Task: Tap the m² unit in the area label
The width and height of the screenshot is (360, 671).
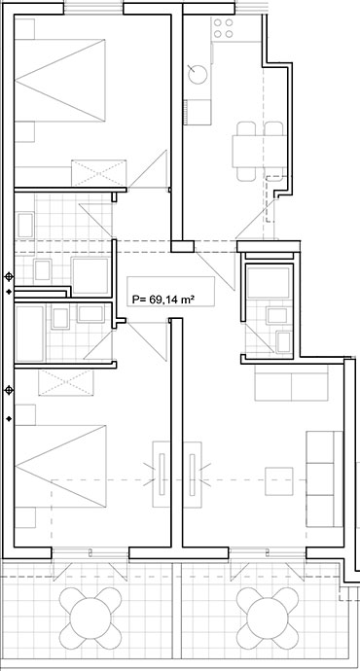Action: click(x=185, y=300)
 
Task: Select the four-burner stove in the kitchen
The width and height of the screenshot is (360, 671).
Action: click(x=224, y=28)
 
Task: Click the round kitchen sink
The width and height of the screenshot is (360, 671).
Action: click(x=198, y=74)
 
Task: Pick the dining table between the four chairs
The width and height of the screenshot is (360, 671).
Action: click(x=259, y=151)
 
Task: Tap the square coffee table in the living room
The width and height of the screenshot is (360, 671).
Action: click(x=279, y=481)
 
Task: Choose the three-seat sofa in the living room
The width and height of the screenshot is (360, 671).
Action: click(x=324, y=478)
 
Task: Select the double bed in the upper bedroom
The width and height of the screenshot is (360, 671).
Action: click(x=60, y=80)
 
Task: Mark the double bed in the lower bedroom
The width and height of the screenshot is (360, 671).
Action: click(x=60, y=466)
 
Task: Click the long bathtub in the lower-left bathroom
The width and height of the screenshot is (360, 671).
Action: click(x=30, y=334)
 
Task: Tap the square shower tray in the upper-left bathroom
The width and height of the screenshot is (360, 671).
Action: click(x=90, y=275)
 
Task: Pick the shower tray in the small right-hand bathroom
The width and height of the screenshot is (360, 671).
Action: click(x=269, y=282)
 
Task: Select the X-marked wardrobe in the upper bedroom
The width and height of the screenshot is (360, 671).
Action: click(x=99, y=173)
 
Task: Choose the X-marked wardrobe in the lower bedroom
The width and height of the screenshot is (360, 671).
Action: click(x=66, y=382)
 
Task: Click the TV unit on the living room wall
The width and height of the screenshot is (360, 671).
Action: click(x=193, y=475)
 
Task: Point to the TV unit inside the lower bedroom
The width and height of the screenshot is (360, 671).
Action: click(x=162, y=475)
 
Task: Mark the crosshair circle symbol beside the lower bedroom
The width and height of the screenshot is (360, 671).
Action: click(x=9, y=390)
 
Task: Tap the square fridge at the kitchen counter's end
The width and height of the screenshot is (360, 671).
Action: click(x=198, y=112)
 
